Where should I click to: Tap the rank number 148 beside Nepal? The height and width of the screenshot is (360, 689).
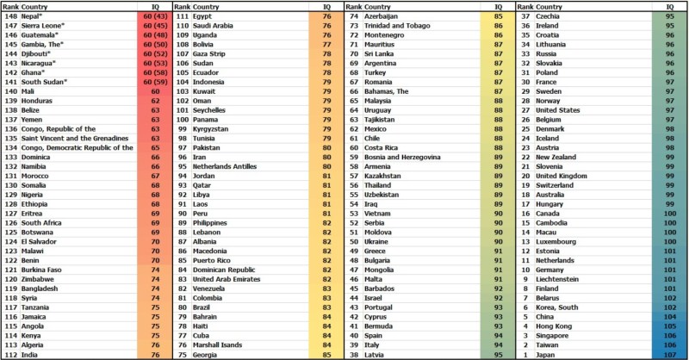point(10,16)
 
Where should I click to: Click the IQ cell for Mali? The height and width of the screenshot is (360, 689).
point(155,90)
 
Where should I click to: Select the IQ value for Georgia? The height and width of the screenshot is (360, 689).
point(328,353)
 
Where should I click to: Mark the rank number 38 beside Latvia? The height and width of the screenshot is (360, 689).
point(354,353)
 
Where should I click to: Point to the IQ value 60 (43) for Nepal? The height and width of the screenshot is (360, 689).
point(155,16)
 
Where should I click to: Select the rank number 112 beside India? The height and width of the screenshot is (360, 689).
point(10,353)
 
